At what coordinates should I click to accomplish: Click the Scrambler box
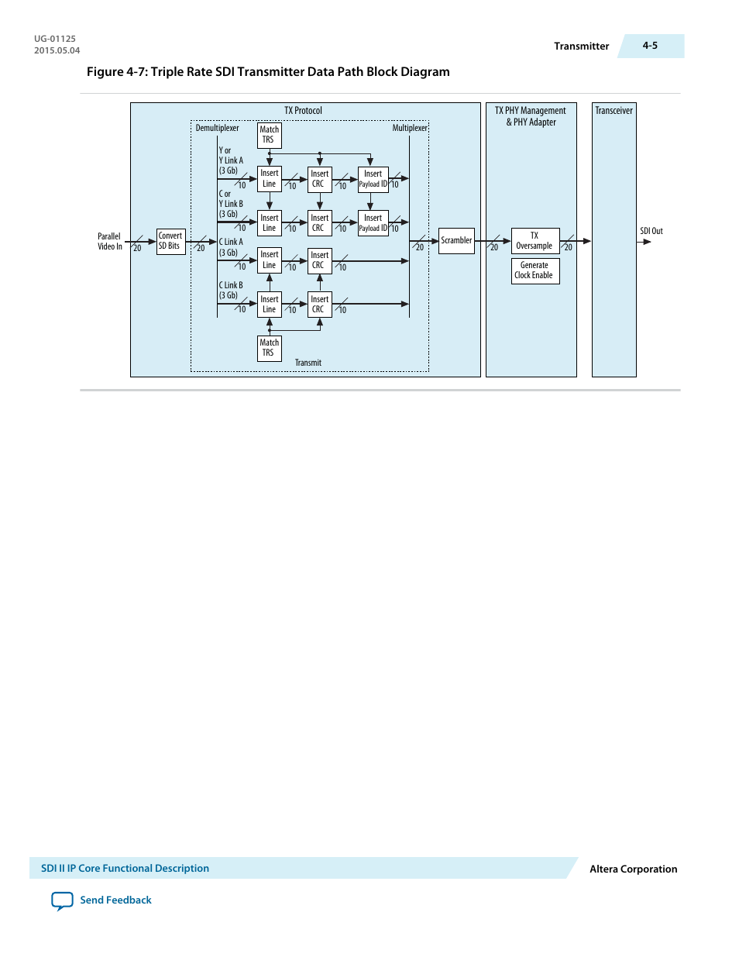click(x=456, y=241)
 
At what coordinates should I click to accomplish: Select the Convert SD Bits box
click(x=170, y=241)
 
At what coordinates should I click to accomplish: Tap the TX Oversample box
click(x=534, y=241)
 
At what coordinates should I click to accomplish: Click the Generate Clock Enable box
click(x=534, y=270)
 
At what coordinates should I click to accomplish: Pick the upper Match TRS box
click(x=269, y=135)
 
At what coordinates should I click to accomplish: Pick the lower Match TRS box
click(x=269, y=348)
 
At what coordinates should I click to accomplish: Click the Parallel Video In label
click(x=109, y=242)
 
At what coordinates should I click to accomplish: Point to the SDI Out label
click(x=651, y=231)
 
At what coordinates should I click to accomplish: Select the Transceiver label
click(x=614, y=111)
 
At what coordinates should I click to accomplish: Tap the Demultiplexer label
click(x=217, y=128)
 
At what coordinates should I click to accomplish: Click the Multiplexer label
click(x=409, y=128)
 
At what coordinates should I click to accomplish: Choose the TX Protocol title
click(x=303, y=111)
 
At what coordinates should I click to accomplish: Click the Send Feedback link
click(x=115, y=900)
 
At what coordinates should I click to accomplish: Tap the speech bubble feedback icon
click(x=62, y=900)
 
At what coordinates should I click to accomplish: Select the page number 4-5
click(x=650, y=46)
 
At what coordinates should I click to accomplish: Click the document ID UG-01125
click(x=55, y=39)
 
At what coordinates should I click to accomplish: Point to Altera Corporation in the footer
click(x=633, y=869)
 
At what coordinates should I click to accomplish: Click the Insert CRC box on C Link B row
click(x=319, y=305)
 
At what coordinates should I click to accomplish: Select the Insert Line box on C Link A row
click(x=269, y=260)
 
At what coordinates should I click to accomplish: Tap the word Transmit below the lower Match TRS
click(x=308, y=363)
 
